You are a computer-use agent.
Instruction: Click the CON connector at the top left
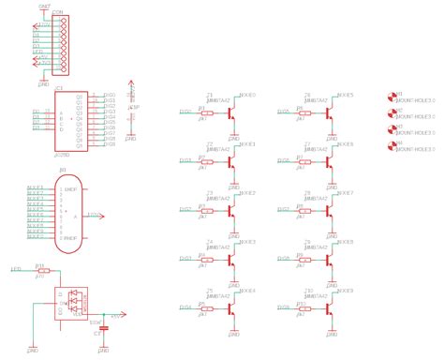pyautogui.click(x=64, y=44)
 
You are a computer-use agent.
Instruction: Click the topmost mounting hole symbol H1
pyautogui.click(x=392, y=96)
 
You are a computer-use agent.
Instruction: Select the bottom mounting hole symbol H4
pyautogui.click(x=392, y=145)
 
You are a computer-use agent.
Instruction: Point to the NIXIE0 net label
pyautogui.click(x=247, y=95)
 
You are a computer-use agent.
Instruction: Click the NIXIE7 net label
pyautogui.click(x=346, y=192)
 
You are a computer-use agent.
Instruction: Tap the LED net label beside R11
pyautogui.click(x=16, y=269)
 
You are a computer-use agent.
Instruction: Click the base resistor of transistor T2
pyautogui.click(x=207, y=161)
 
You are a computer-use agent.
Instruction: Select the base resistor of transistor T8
pyautogui.click(x=304, y=210)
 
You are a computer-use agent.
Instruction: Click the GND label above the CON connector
pyautogui.click(x=45, y=6)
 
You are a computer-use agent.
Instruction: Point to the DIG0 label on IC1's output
pyautogui.click(x=109, y=95)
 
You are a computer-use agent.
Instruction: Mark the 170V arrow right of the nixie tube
pyautogui.click(x=95, y=215)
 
